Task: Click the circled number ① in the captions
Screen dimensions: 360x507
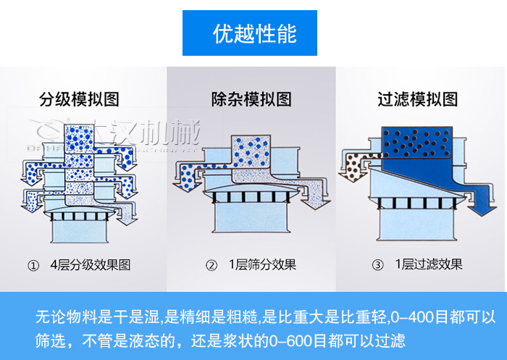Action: tap(33, 266)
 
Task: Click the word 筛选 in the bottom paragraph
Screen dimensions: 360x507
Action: tap(50, 339)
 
